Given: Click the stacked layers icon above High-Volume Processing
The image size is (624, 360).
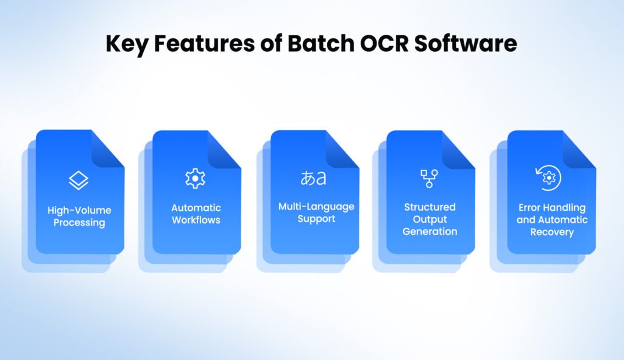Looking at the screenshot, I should [x=79, y=180].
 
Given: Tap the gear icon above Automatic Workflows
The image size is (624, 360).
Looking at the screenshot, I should [x=195, y=178].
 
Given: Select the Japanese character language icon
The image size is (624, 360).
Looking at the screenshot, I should [x=313, y=178].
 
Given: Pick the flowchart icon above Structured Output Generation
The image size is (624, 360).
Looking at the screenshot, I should [x=429, y=178].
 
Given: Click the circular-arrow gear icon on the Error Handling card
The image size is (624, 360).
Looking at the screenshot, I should [x=548, y=178].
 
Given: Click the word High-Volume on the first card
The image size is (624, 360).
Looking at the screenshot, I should [x=79, y=210].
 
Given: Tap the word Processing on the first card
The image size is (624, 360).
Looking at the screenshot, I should [x=79, y=223].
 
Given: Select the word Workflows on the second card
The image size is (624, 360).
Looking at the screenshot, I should [x=196, y=220].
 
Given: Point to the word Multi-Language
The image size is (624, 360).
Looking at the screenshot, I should [x=316, y=206].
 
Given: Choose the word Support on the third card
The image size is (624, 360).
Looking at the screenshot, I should [x=316, y=219].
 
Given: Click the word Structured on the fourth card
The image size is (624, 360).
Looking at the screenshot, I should [x=430, y=207].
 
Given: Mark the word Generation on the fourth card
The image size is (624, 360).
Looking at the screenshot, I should [x=430, y=231].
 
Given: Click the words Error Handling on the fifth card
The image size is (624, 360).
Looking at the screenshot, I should [x=551, y=208].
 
